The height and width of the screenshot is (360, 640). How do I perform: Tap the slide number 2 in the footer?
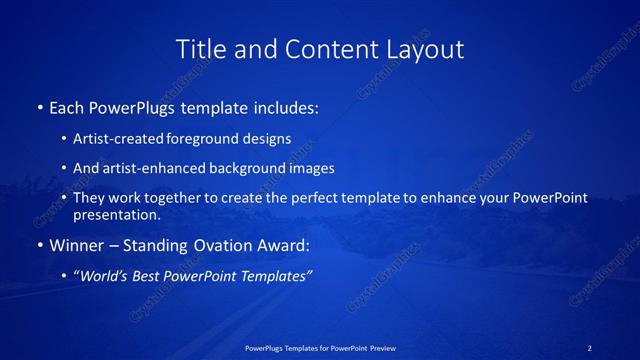[590, 348]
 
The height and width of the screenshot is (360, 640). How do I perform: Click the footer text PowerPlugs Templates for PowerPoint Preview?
[320, 348]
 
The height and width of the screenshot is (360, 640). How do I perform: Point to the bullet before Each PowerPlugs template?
[39, 107]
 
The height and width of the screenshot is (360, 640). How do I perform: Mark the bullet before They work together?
[64, 198]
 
